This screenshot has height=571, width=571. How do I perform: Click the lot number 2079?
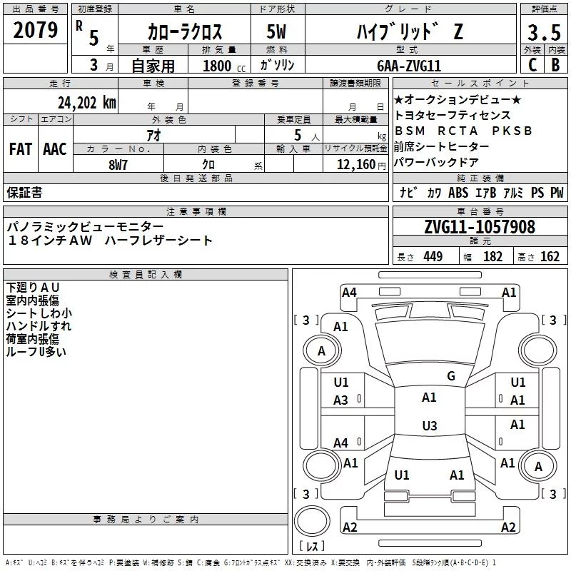point(35,30)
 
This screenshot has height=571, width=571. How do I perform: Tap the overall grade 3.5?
point(544,32)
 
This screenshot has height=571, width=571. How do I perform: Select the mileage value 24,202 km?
point(87,103)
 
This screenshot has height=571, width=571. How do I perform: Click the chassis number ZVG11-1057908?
point(480,227)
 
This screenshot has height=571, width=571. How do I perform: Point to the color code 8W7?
point(118,165)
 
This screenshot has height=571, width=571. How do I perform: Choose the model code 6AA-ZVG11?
point(409,66)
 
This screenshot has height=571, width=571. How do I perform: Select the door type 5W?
point(276,31)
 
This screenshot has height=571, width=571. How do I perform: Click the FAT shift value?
point(21,149)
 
